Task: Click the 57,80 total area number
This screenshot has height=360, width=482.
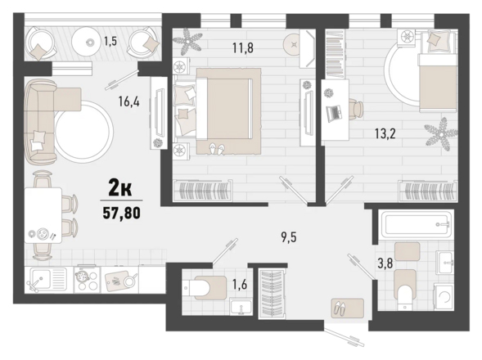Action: (121, 213)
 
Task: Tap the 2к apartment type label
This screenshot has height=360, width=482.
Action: (120, 188)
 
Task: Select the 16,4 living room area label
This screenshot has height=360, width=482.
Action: (129, 101)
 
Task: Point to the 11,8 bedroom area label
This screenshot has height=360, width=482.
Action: (243, 48)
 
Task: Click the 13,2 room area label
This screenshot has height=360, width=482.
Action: (385, 133)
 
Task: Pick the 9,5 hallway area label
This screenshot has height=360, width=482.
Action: (289, 237)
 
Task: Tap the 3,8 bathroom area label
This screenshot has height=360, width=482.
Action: (385, 263)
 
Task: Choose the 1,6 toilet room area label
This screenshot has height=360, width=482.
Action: (240, 285)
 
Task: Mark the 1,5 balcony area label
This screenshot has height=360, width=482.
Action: (110, 41)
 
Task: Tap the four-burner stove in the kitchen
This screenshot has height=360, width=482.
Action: (87, 279)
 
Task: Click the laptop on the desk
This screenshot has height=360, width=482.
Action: (335, 113)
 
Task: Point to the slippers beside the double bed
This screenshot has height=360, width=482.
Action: (217, 148)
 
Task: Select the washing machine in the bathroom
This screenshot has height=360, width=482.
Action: (444, 297)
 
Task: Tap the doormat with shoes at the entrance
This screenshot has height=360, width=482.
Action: (348, 308)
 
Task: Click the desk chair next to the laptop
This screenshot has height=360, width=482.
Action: (357, 109)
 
